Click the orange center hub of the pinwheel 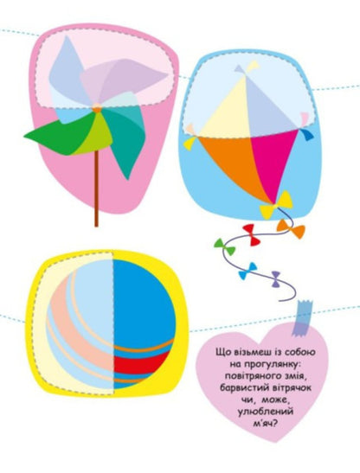pyautogui.click(x=97, y=109)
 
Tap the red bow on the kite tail pyautogui.click(x=252, y=235)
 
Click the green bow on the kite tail pyautogui.click(x=225, y=247)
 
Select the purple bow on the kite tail pyautogui.click(x=276, y=279)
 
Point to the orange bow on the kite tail pyautogui.click(x=291, y=229)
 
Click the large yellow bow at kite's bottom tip pyautogui.click(x=276, y=204)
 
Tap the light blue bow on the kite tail pyautogui.click(x=247, y=272)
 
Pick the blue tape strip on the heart pyautogui.click(x=302, y=318)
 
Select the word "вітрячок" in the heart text pyautogui.click(x=292, y=387)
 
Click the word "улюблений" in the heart pyautogui.click(x=266, y=412)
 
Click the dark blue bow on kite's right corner pyautogui.click(x=306, y=134)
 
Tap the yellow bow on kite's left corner pyautogui.click(x=191, y=143)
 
